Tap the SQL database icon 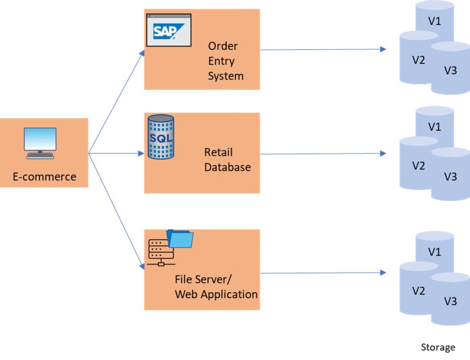(x=160, y=137)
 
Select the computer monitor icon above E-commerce (x=40, y=143)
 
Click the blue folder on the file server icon (x=181, y=238)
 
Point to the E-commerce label (x=45, y=177)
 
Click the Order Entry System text (x=225, y=61)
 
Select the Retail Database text (x=227, y=160)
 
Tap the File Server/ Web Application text (x=216, y=287)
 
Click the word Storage (x=438, y=347)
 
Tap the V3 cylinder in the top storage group (x=450, y=70)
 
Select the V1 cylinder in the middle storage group (x=434, y=126)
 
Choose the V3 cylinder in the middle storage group (x=450, y=176)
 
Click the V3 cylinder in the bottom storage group (x=450, y=301)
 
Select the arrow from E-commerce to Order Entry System (x=116, y=101)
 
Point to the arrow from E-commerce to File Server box (x=116, y=210)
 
